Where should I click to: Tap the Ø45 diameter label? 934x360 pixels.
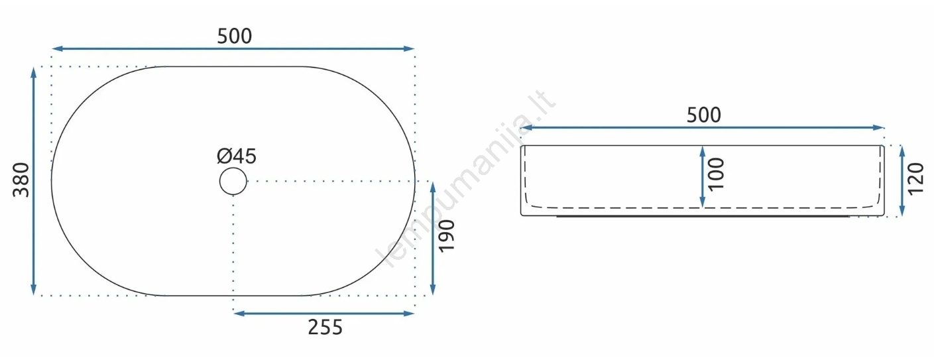[237, 156]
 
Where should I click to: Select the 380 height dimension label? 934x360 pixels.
[21, 180]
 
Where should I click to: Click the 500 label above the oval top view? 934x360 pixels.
[235, 36]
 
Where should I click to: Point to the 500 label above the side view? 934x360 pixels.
[704, 115]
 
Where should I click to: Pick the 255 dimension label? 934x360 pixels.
[325, 328]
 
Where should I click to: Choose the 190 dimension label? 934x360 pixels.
[447, 235]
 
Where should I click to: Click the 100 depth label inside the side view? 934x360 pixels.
[717, 174]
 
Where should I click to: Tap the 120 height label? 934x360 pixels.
[915, 179]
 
